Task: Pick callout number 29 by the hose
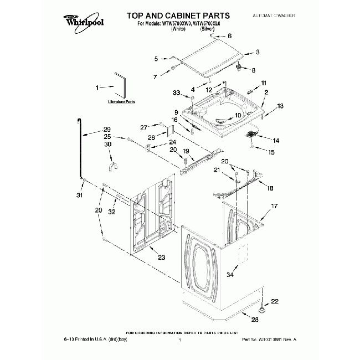(106, 130)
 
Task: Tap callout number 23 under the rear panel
(161, 258)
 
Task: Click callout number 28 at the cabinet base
(255, 320)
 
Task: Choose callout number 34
(230, 274)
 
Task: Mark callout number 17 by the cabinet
(273, 207)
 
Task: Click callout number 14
(276, 140)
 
